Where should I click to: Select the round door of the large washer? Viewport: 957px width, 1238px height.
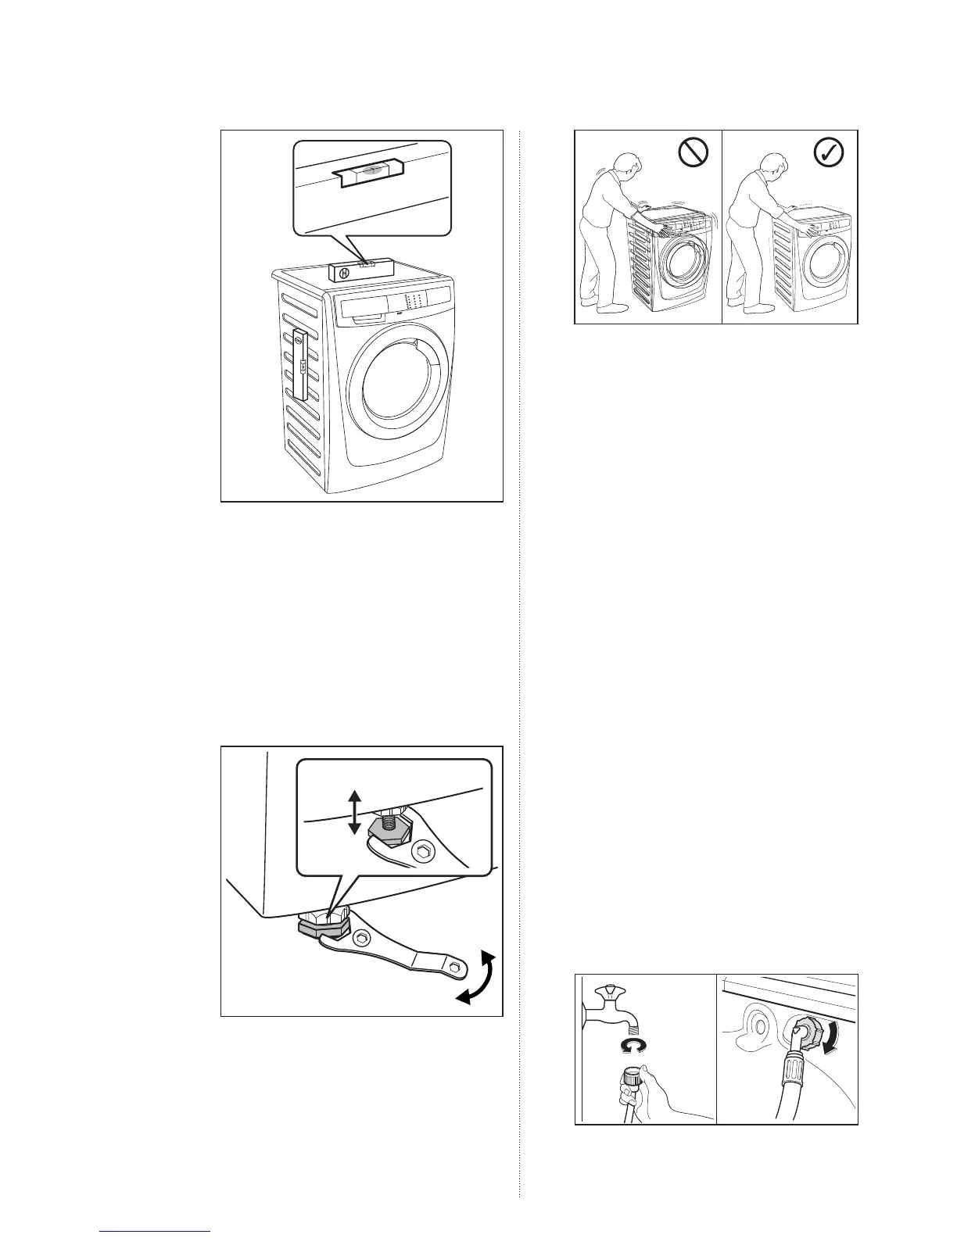coord(400,381)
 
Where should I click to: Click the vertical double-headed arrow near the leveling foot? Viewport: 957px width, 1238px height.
coord(354,811)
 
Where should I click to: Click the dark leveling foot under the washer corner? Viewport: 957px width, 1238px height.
coord(321,926)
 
